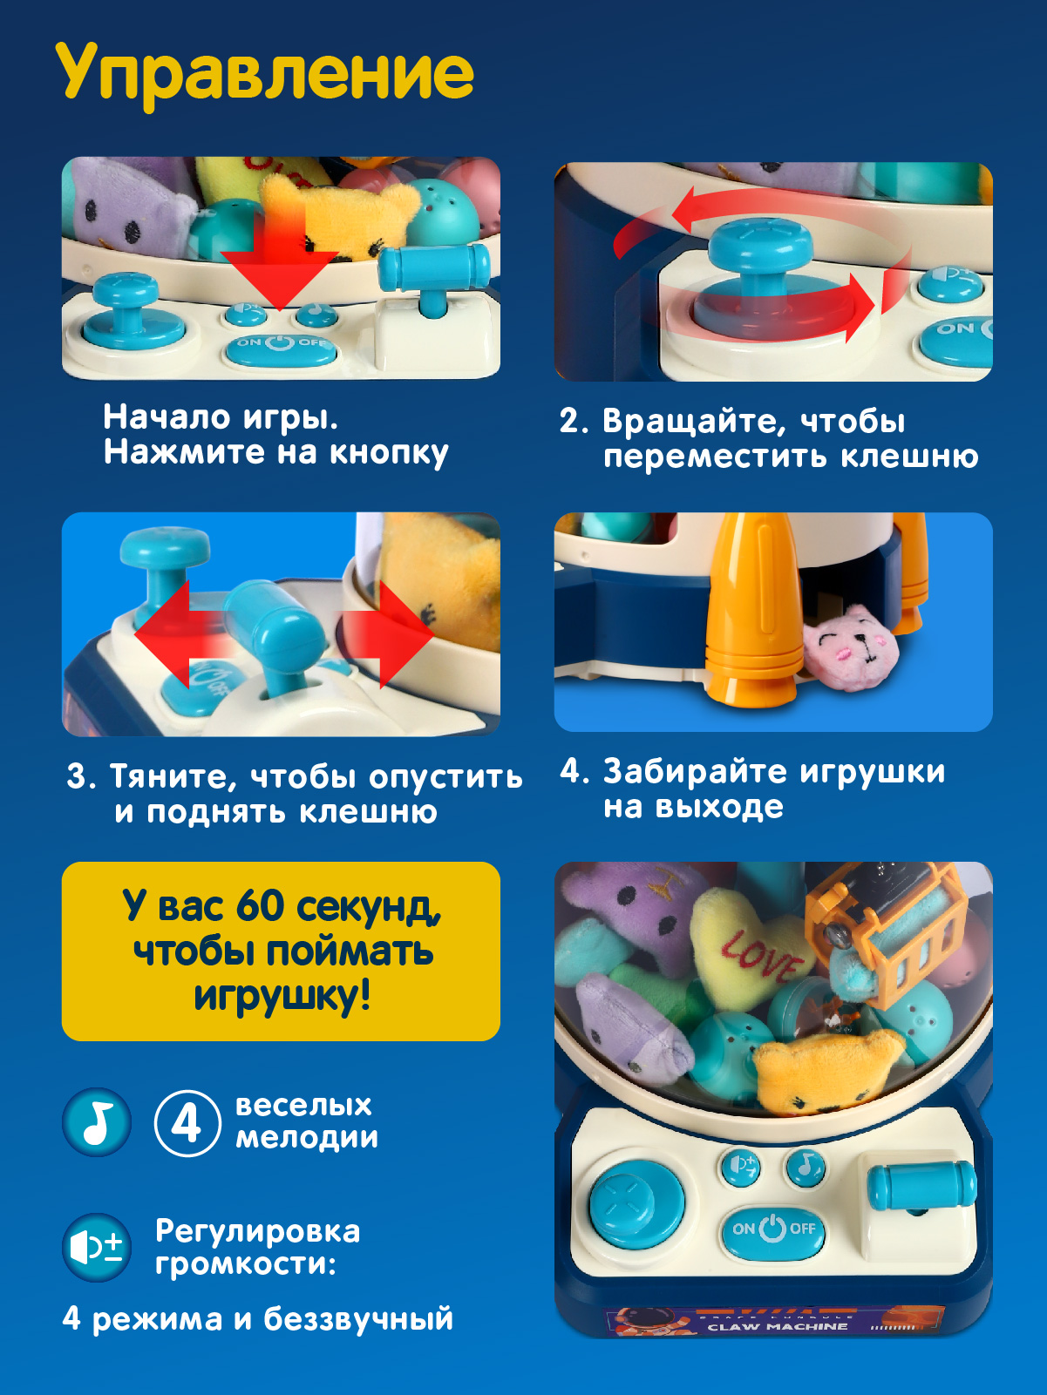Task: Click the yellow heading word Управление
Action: [265, 73]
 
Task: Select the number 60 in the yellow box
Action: [260, 906]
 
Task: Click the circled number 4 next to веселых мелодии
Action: [187, 1123]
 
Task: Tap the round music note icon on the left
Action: [97, 1122]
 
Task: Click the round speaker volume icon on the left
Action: [97, 1248]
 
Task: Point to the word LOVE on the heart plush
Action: [760, 955]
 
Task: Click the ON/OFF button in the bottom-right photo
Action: [772, 1229]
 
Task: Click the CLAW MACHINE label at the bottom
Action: [777, 1326]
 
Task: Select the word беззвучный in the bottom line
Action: [358, 1319]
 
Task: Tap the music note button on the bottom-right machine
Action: [806, 1165]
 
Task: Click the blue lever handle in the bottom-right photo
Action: [921, 1185]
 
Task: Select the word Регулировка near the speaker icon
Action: [257, 1231]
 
